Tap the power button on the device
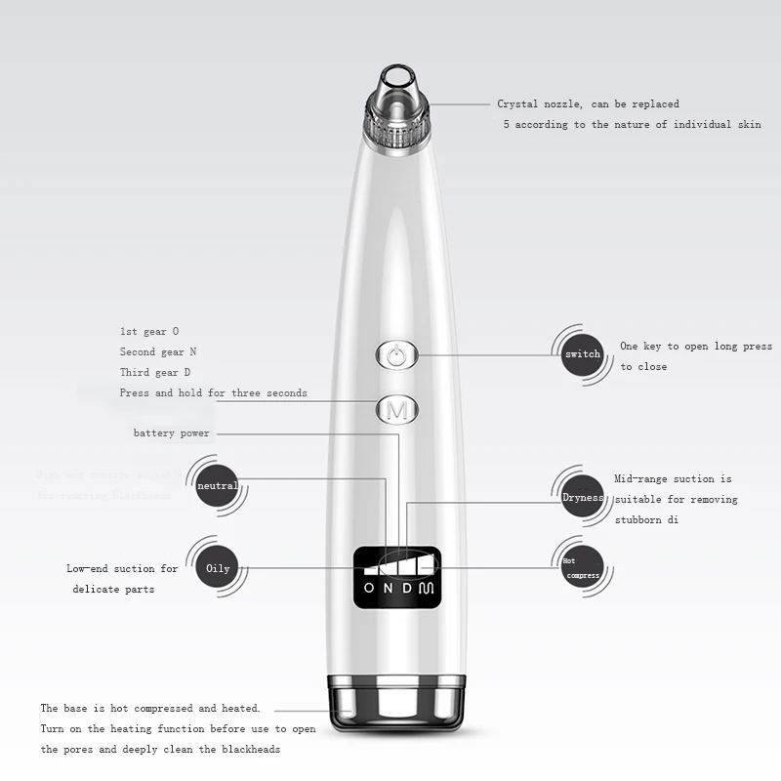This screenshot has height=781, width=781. [394, 355]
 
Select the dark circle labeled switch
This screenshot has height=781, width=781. [583, 353]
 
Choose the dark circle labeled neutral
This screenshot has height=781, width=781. [217, 485]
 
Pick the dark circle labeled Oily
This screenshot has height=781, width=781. [218, 567]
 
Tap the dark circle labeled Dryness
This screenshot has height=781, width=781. [583, 498]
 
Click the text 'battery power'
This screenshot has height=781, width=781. [172, 432]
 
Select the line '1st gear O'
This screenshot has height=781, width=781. [149, 331]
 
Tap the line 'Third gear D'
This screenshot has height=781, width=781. [155, 372]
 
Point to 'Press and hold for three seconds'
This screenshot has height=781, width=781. [213, 392]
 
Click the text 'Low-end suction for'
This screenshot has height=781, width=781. [122, 568]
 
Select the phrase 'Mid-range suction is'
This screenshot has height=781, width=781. [673, 478]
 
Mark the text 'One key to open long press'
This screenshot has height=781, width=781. [695, 346]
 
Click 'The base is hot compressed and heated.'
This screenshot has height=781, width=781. [149, 708]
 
